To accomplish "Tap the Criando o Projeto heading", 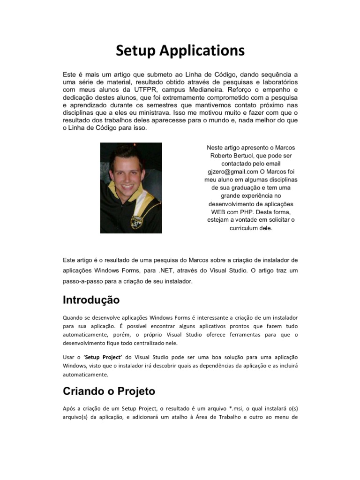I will [109, 391].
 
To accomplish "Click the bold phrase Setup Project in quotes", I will [97, 357].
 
